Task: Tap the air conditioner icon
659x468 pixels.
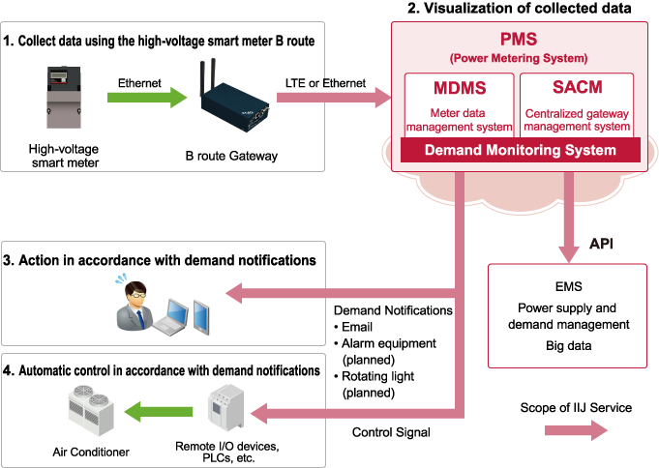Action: (x=94, y=409)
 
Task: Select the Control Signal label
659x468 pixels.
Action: (x=390, y=432)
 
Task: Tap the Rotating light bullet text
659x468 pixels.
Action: (x=381, y=377)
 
